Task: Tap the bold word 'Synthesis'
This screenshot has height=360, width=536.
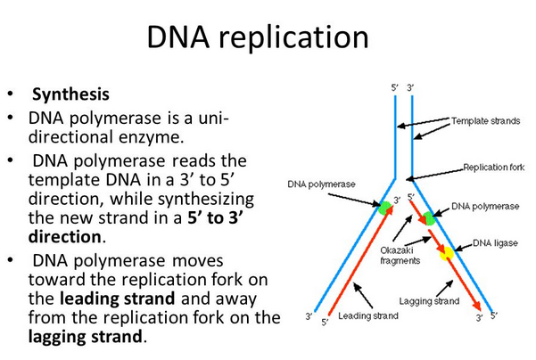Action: [x=70, y=94]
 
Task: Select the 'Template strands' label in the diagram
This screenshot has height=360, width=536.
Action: [x=485, y=120]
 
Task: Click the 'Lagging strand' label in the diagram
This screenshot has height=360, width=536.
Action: [x=429, y=301]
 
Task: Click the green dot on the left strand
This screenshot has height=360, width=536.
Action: [x=384, y=208]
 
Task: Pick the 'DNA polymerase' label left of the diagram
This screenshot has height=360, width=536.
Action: [x=322, y=184]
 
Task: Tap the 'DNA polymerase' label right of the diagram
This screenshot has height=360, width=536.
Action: [x=485, y=206]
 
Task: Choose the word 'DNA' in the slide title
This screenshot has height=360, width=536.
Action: [x=180, y=39]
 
